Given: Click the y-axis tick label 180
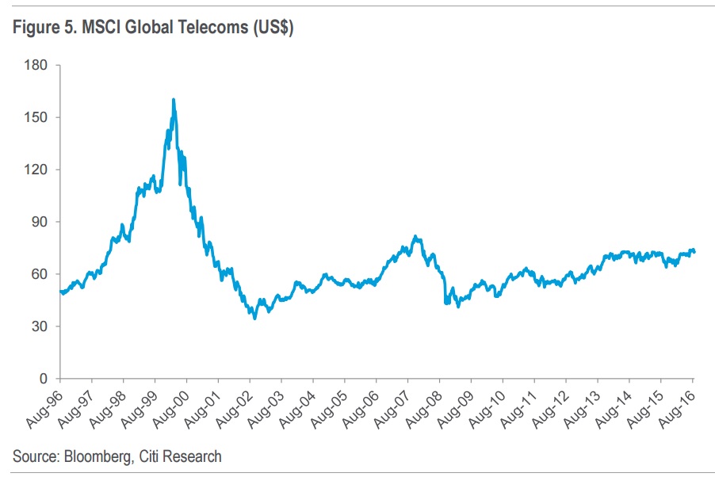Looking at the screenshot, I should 37,65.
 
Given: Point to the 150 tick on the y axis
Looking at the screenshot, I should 37,117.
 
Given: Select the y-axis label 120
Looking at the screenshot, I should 37,170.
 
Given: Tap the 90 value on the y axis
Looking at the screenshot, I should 40,222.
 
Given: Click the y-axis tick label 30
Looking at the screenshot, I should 40,326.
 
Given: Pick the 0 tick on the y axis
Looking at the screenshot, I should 44,379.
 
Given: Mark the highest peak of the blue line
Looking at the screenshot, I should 173,99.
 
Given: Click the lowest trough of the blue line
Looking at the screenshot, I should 254,318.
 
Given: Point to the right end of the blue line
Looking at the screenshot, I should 695,251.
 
